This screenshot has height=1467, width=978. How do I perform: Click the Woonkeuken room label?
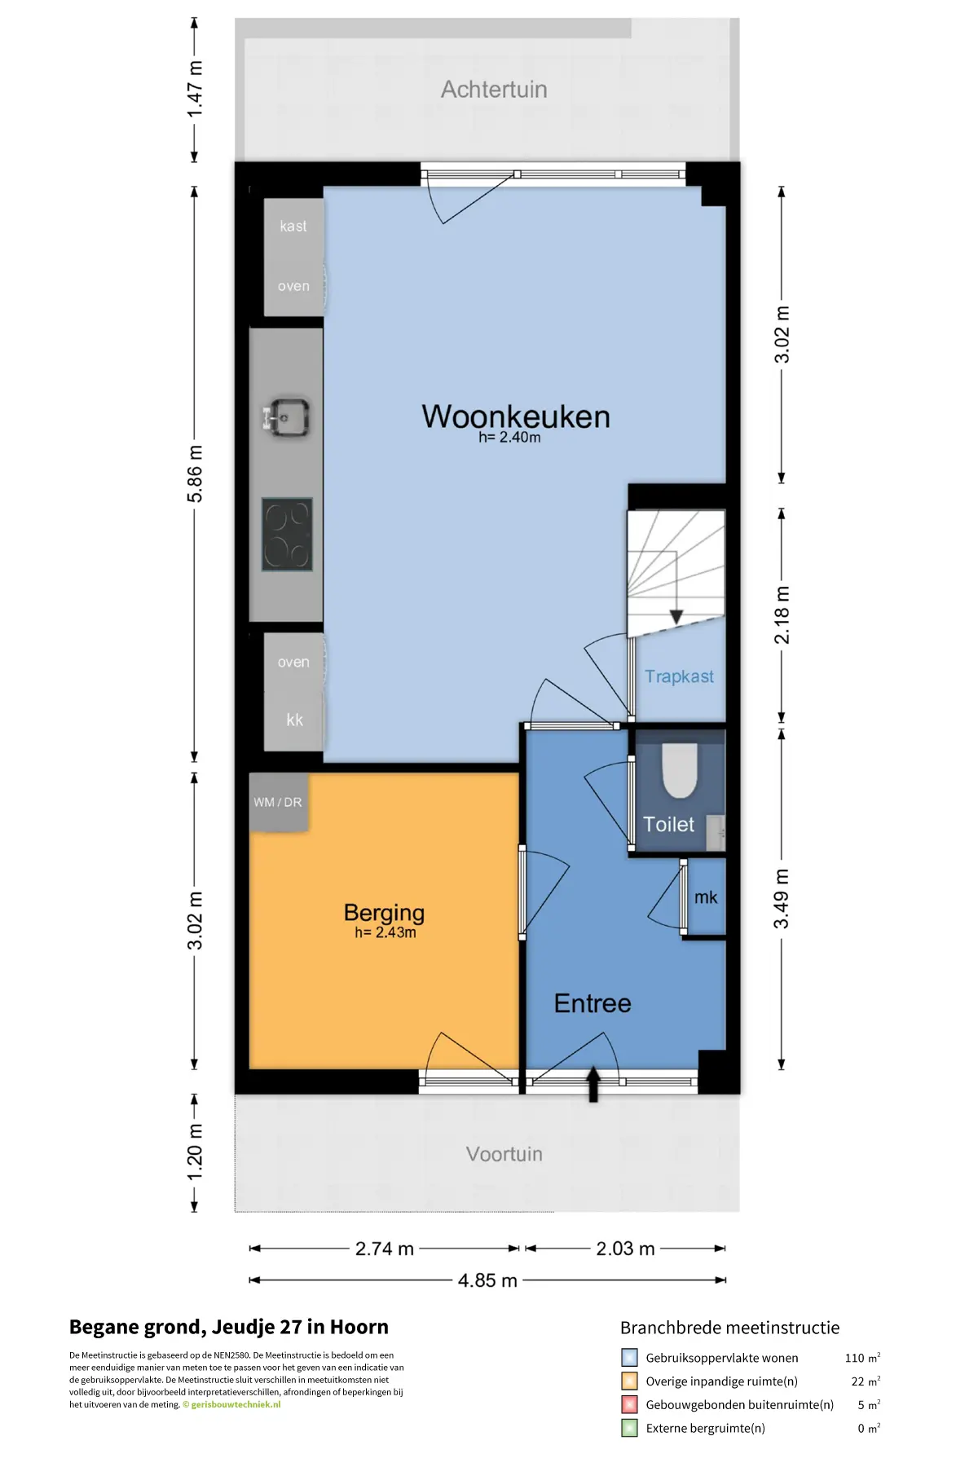(516, 416)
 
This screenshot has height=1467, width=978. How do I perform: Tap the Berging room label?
(384, 913)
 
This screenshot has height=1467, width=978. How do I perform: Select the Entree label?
(593, 1003)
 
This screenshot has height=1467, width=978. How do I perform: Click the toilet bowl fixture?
(680, 769)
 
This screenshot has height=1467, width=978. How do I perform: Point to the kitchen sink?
(285, 417)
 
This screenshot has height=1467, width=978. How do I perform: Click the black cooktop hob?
(287, 535)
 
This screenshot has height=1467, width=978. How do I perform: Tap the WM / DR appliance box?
(278, 802)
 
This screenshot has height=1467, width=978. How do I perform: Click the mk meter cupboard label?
(706, 897)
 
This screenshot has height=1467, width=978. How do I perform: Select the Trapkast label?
(679, 676)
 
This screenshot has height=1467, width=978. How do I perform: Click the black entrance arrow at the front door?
(593, 1085)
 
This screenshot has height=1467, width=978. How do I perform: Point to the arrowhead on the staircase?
(676, 617)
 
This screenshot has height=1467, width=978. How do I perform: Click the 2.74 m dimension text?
(385, 1249)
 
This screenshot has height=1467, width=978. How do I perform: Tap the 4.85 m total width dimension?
(487, 1280)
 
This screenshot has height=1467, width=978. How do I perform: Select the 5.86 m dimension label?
(195, 474)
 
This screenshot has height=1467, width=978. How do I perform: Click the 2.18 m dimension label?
(782, 615)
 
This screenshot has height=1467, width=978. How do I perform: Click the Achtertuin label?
(494, 90)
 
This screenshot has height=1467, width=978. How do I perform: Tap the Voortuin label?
(504, 1154)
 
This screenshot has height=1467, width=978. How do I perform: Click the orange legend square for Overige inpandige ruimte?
(629, 1381)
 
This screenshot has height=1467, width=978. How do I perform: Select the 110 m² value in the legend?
(862, 1358)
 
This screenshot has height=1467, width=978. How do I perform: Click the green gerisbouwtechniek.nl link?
(236, 1404)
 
